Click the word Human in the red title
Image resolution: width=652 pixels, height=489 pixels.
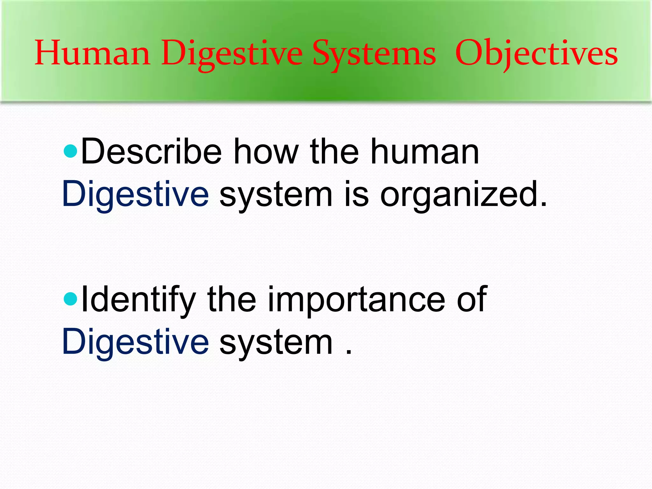coord(92,53)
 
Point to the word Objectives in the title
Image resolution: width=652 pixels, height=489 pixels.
coord(536,53)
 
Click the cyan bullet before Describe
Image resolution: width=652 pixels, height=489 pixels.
coord(70,151)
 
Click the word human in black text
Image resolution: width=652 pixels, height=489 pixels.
coord(425,152)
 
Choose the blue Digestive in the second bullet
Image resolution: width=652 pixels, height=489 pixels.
coord(135,342)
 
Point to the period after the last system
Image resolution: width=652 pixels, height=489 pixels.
coord(349,352)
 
